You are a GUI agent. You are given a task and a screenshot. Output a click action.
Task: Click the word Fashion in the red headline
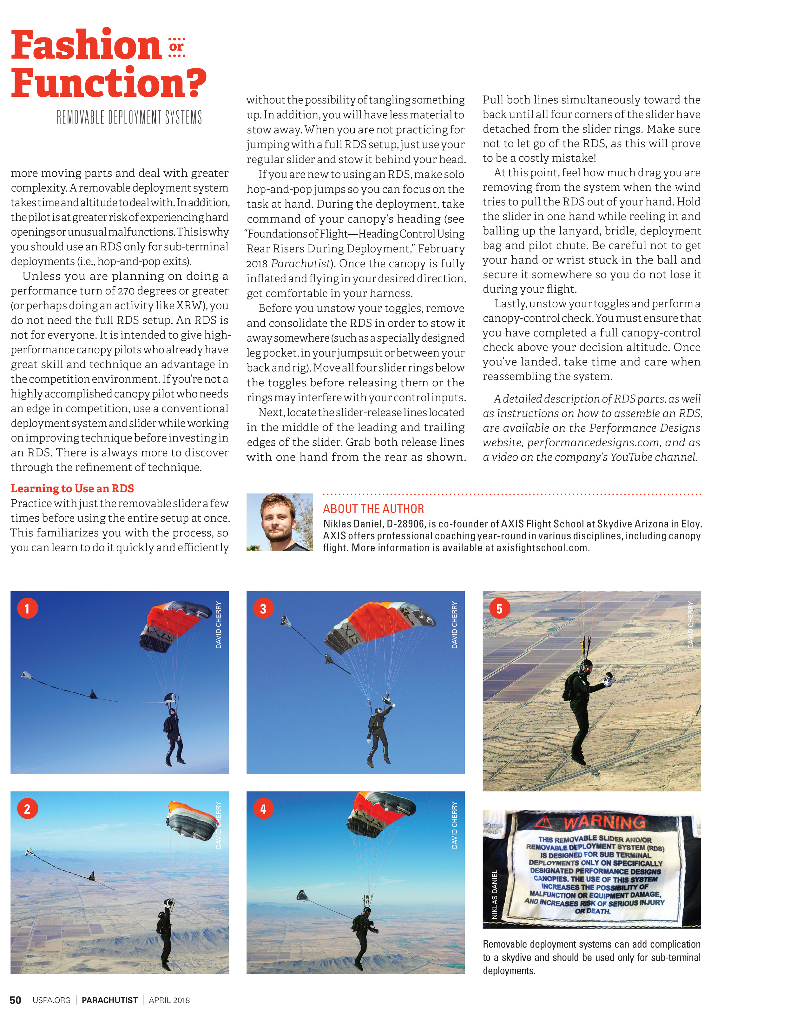click(x=86, y=45)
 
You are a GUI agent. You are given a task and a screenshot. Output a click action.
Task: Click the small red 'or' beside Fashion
click(x=176, y=47)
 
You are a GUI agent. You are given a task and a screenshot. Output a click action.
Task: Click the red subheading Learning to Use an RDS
click(x=72, y=488)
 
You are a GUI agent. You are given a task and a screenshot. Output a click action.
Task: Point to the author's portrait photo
click(x=280, y=522)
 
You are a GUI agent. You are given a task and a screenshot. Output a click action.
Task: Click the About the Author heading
click(x=373, y=509)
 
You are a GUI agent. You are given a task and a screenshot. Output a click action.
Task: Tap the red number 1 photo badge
click(x=27, y=608)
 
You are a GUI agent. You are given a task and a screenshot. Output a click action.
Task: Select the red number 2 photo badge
click(x=27, y=809)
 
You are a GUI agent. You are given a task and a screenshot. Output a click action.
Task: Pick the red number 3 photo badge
click(x=263, y=608)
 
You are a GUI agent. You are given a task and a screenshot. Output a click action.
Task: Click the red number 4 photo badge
click(x=263, y=809)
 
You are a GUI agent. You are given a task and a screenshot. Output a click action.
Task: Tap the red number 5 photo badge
click(x=499, y=609)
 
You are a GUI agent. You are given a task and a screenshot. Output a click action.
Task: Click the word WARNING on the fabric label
click(x=605, y=822)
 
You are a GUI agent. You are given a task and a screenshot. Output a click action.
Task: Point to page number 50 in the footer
click(x=15, y=1000)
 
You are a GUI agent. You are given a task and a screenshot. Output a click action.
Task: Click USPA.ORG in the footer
click(x=51, y=1000)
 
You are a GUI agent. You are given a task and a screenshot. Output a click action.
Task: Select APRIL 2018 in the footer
click(x=169, y=1000)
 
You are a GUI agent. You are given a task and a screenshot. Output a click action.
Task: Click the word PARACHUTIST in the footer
click(x=109, y=1000)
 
